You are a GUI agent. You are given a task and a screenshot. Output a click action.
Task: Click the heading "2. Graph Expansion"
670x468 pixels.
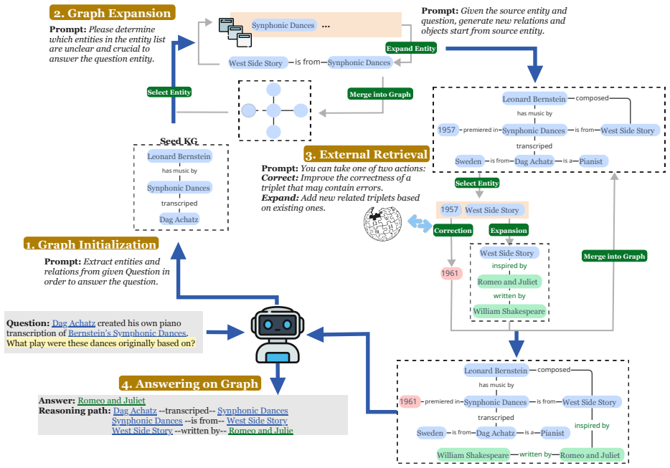(113, 13)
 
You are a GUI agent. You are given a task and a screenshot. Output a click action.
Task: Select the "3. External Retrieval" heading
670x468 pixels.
(366, 154)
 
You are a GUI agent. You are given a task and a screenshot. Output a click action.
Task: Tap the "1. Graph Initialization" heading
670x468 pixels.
(91, 244)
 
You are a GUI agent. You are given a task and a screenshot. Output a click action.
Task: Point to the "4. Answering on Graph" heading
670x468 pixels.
(189, 383)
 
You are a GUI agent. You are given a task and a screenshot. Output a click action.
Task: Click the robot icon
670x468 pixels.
(278, 335)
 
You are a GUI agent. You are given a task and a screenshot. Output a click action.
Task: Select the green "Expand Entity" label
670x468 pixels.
(411, 48)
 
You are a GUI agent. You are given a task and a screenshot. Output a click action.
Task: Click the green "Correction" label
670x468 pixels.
(453, 231)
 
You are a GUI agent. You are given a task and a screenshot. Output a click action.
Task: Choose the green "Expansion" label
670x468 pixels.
(509, 231)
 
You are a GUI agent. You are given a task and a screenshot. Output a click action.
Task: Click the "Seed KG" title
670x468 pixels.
(179, 141)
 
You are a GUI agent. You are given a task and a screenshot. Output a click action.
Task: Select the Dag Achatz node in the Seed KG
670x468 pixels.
(179, 219)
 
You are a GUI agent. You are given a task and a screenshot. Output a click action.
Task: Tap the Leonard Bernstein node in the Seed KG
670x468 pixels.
(179, 156)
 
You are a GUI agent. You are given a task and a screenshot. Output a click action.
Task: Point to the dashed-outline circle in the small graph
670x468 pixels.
(249, 110)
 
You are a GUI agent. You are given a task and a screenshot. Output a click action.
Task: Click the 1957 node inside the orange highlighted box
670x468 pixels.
(450, 210)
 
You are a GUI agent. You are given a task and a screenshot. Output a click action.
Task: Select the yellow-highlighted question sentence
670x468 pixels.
(101, 343)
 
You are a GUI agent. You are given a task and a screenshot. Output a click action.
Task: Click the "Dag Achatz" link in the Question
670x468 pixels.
(73, 323)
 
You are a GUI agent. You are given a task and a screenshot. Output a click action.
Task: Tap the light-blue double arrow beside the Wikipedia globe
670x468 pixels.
(420, 224)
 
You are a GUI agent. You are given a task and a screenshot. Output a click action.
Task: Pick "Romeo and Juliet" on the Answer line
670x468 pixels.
(111, 401)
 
